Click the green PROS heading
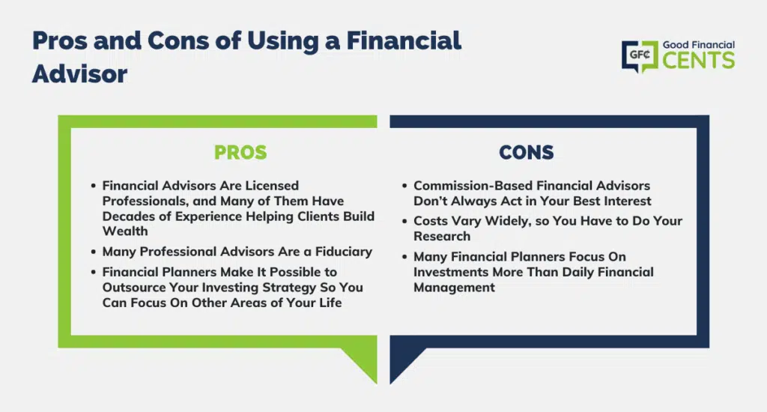(240, 152)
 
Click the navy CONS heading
(527, 152)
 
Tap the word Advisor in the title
(79, 74)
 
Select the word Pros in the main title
(60, 40)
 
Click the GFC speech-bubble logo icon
(640, 55)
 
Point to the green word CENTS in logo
(699, 61)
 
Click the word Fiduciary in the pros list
(343, 252)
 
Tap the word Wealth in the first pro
(125, 231)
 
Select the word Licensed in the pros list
(272, 186)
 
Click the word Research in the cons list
(442, 236)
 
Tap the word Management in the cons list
(455, 287)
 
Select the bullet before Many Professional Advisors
(93, 252)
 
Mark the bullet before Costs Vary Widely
(404, 221)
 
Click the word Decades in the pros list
(129, 216)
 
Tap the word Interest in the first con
(627, 201)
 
